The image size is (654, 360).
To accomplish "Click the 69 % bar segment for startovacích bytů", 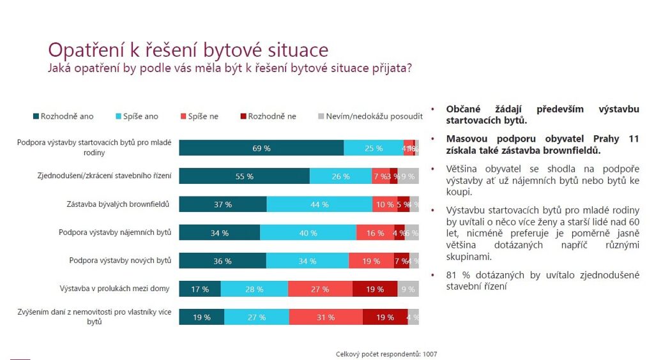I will coord(261,148).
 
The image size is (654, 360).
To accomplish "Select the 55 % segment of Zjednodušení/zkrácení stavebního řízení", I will coord(244,176).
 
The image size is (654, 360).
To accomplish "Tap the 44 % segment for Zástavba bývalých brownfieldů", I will coord(319,204).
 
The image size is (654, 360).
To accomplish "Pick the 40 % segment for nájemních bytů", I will coord(308,233).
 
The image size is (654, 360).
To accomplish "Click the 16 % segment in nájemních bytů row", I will coord(370,233).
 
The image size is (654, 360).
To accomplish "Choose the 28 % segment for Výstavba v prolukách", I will coord(254,289).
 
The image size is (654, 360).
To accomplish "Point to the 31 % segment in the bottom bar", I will coord(326,317).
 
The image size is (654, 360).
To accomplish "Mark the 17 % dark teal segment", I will coord(200,289).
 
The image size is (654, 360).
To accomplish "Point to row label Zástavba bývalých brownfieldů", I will coord(121,204).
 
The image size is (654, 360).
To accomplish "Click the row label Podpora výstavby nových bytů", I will coord(120,260).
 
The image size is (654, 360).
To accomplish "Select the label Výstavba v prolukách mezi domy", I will coord(114,289).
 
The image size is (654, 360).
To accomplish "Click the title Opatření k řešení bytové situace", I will coord(188,50).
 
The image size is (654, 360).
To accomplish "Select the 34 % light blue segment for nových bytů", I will coord(307,261).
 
